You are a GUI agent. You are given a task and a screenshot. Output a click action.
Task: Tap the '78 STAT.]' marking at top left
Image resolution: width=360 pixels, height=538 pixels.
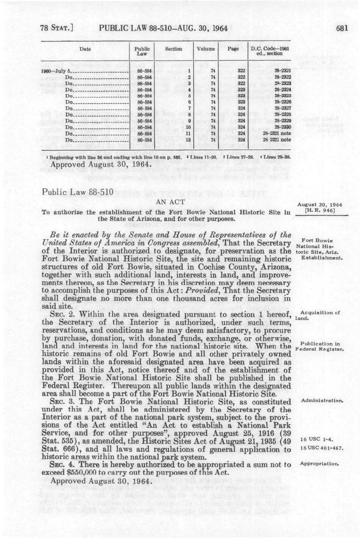[x=57, y=28]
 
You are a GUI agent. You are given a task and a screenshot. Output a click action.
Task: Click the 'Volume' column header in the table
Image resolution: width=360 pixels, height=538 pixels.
[x=206, y=49]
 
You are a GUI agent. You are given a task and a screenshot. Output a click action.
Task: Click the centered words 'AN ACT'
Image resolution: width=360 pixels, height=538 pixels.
[x=171, y=202]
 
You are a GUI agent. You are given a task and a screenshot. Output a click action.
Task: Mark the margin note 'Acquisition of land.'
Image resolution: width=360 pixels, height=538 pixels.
[x=317, y=315]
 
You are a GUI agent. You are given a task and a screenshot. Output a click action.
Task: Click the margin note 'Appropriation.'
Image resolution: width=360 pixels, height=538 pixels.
[x=320, y=464]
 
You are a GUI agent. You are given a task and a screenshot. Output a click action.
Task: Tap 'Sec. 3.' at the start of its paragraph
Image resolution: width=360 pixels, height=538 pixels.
[x=62, y=402]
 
